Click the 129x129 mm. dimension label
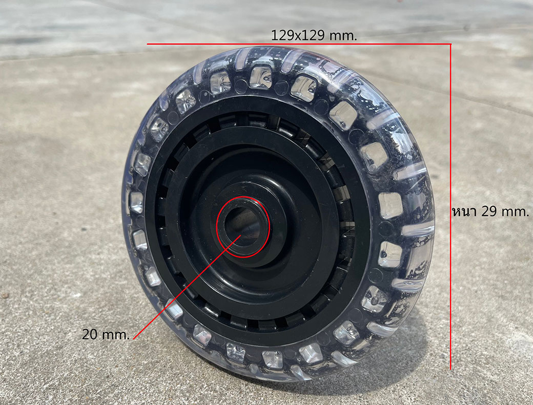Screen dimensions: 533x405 coord(314,35)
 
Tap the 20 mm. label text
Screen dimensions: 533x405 coord(106,335)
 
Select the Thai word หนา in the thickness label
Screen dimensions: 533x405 coord(465,211)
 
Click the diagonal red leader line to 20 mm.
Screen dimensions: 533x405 coord(187,287)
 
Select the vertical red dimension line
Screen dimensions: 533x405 coord(450,206)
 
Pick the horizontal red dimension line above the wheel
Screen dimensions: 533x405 coord(299,44)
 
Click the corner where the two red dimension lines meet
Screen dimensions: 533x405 coord(450,44)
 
